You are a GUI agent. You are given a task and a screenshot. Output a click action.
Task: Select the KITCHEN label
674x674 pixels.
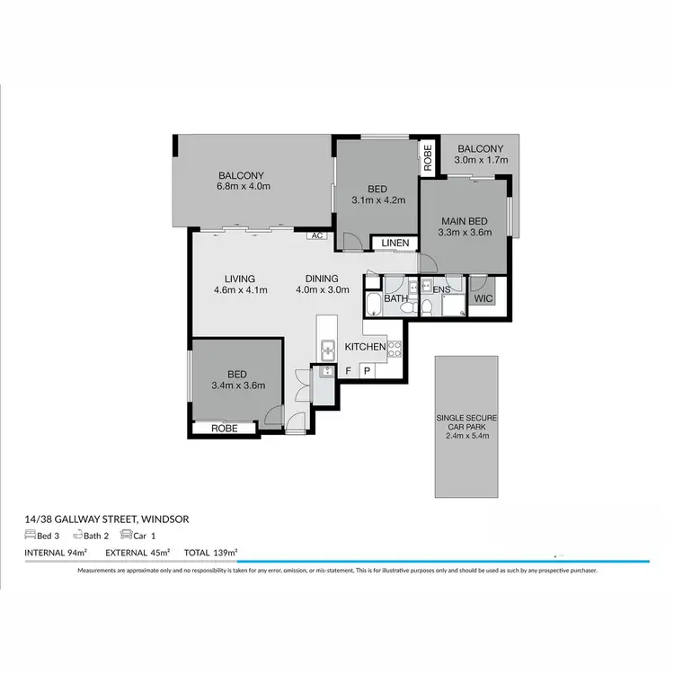[x=366, y=346]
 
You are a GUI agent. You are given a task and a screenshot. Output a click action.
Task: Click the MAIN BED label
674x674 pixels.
[x=464, y=221]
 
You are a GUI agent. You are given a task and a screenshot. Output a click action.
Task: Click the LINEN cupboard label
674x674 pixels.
[x=395, y=244]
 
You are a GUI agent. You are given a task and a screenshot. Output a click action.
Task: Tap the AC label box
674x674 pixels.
[x=316, y=235]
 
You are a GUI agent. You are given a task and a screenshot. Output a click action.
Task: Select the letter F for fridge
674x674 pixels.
[x=349, y=370]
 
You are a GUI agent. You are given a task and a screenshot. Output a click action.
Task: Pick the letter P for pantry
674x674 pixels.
[x=367, y=370]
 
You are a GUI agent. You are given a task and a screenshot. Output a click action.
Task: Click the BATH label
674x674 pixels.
[x=395, y=298]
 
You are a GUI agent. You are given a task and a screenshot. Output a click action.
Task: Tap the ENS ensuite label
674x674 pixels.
[x=441, y=290]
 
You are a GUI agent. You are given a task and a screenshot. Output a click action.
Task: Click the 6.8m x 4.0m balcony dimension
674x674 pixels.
[x=243, y=187]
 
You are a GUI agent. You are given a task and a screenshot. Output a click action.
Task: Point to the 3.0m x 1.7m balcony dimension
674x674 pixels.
[x=481, y=160]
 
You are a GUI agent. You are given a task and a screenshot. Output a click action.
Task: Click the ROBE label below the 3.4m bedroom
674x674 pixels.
[x=224, y=429]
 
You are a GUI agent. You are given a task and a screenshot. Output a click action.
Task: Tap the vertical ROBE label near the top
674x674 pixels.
[x=428, y=157]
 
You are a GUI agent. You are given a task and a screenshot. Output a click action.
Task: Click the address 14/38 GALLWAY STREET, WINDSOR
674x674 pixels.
[x=107, y=519]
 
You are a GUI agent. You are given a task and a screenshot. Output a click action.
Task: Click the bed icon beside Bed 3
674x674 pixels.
[x=30, y=535]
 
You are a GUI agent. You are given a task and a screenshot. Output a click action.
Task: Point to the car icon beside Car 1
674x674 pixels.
[x=126, y=535]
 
